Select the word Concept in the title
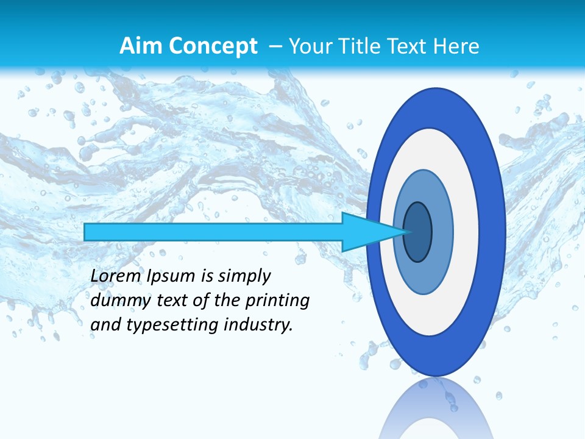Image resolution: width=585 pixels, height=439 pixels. coord(213,46)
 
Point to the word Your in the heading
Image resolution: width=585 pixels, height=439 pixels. coord(308,46)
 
